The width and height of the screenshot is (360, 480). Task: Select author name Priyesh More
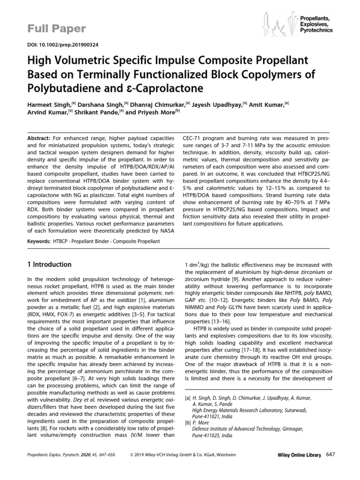tap(157, 112)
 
